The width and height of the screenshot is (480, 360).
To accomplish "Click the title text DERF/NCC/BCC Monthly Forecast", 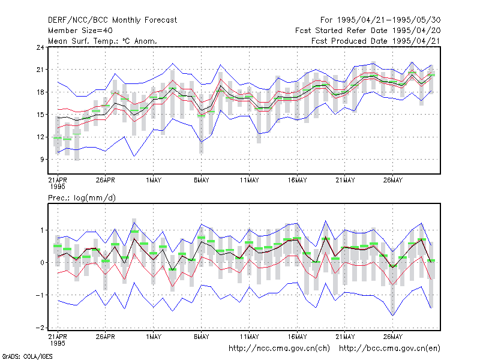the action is pyautogui.click(x=112, y=20).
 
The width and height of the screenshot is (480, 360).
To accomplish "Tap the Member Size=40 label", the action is pyautogui.click(x=80, y=31).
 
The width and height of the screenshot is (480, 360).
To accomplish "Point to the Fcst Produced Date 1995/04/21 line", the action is pyautogui.click(x=376, y=41).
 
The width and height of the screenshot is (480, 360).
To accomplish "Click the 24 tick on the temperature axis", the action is pyautogui.click(x=40, y=47).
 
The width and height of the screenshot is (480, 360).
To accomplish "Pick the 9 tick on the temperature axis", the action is pyautogui.click(x=42, y=160).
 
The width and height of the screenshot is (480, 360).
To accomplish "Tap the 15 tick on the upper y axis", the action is pyautogui.click(x=40, y=115).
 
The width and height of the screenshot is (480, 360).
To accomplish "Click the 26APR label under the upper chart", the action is pyautogui.click(x=106, y=181).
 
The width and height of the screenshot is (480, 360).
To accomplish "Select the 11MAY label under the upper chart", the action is pyautogui.click(x=249, y=181).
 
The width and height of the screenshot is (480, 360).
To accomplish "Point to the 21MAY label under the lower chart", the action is pyautogui.click(x=345, y=337).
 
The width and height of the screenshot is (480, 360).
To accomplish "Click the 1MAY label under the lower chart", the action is pyautogui.click(x=154, y=337).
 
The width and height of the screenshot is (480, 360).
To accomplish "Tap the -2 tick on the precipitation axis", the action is pyautogui.click(x=40, y=328).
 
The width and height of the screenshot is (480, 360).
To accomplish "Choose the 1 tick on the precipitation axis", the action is pyautogui.click(x=42, y=230).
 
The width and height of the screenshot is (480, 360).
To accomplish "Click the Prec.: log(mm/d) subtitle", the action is pyautogui.click(x=82, y=198).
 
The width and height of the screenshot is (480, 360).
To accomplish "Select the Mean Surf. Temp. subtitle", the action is pyautogui.click(x=103, y=41).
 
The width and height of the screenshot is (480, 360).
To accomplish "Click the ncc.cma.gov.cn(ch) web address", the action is pyautogui.click(x=279, y=349).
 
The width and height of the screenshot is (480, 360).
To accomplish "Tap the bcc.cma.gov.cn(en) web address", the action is pyautogui.click(x=389, y=349).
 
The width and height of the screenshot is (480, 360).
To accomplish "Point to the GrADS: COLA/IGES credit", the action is pyautogui.click(x=27, y=356).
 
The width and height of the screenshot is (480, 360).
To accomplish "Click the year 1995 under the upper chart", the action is pyautogui.click(x=58, y=187).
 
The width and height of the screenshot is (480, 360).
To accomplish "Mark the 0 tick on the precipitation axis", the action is pyautogui.click(x=42, y=263).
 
